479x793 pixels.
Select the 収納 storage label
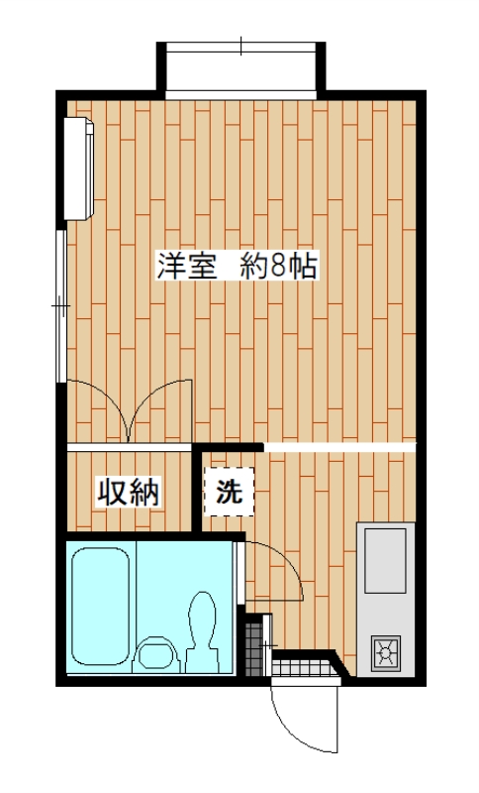[128, 492]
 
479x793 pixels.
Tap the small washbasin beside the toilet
[156, 653]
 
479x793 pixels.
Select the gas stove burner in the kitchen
[385, 653]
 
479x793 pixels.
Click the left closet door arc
[99, 406]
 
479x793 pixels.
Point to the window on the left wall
[61, 307]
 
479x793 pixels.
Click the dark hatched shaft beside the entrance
[257, 644]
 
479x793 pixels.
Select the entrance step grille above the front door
[302, 669]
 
